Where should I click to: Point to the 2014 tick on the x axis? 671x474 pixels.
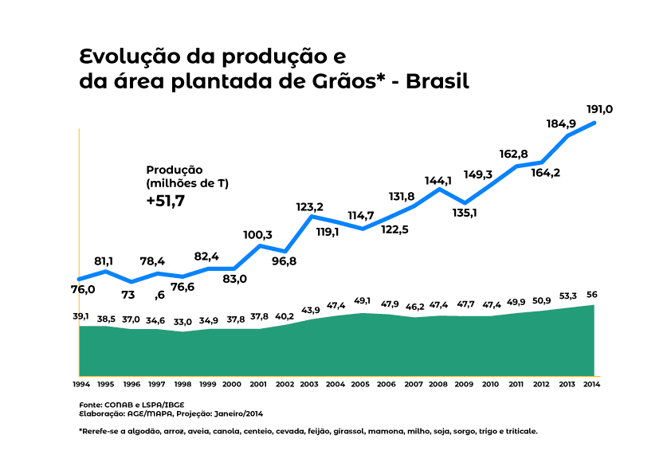pyautogui.click(x=592, y=384)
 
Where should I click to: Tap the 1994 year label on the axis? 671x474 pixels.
pyautogui.click(x=80, y=384)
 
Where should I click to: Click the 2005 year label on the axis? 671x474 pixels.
pyautogui.click(x=362, y=384)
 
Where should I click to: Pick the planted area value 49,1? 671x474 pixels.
pyautogui.click(x=363, y=300)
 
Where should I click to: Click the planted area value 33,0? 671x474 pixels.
pyautogui.click(x=183, y=322)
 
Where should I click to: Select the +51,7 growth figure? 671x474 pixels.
pyautogui.click(x=165, y=202)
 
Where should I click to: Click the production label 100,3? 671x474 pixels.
pyautogui.click(x=257, y=235)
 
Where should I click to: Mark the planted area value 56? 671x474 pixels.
pyautogui.click(x=592, y=295)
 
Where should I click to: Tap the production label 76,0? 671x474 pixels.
pyautogui.click(x=83, y=289)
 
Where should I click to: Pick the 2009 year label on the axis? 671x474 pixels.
pyautogui.click(x=464, y=384)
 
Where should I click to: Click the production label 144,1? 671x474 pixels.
pyautogui.click(x=438, y=180)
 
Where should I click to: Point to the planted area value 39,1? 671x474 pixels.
pyautogui.click(x=81, y=315)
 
